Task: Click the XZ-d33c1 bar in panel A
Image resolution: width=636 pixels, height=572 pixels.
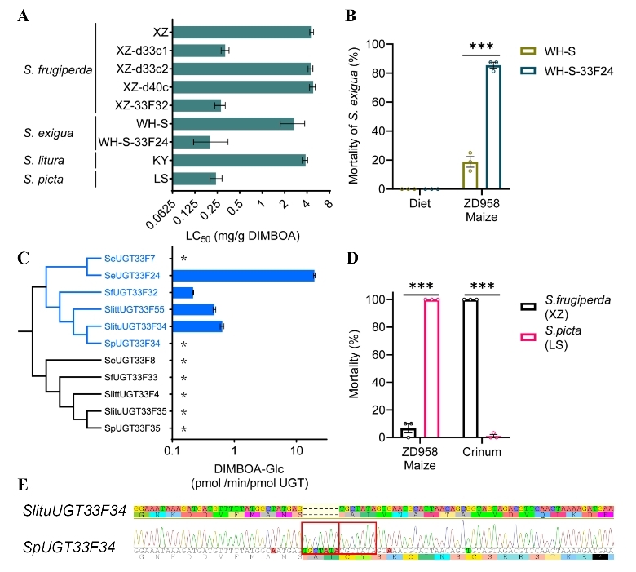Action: (199, 51)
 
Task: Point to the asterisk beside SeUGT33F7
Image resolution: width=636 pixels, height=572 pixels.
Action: (184, 259)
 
